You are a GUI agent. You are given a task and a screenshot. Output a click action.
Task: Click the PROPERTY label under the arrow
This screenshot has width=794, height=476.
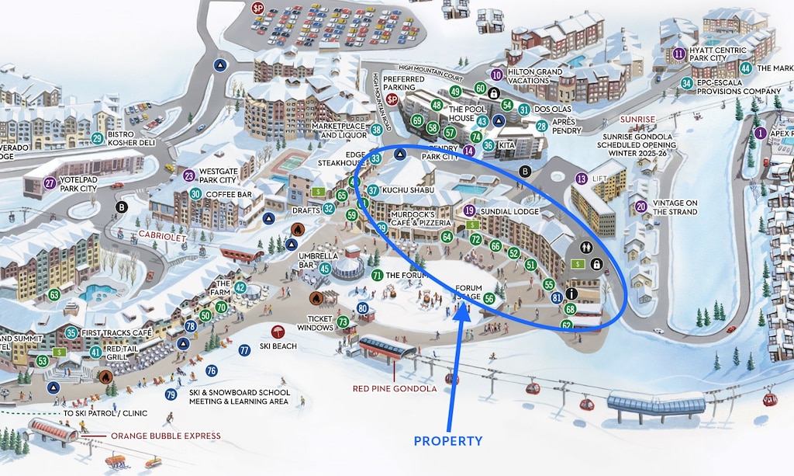[x=447, y=441]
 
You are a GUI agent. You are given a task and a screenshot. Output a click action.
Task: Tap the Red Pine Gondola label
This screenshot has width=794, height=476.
[x=395, y=388]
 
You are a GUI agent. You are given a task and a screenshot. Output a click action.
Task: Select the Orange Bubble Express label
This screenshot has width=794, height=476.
[x=165, y=436]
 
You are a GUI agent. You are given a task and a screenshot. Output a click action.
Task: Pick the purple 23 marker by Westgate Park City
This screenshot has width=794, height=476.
[x=189, y=176]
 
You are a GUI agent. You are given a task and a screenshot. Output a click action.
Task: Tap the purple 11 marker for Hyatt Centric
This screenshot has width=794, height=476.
[x=679, y=54]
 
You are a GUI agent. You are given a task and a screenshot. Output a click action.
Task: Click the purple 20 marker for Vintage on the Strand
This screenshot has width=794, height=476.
[x=640, y=207]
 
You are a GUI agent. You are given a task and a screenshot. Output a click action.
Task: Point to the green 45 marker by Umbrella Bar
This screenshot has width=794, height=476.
[x=325, y=269]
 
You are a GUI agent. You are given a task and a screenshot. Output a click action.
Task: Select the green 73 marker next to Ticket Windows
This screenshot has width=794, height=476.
[x=343, y=321]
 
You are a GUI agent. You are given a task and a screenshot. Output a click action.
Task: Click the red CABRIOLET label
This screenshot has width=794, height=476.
[x=162, y=234]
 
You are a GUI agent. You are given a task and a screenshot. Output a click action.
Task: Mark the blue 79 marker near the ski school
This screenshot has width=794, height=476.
[x=171, y=394]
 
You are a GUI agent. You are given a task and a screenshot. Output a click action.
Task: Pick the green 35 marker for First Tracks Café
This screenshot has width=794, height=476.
[x=71, y=333]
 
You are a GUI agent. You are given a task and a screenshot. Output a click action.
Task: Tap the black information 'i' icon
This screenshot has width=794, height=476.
[x=571, y=294]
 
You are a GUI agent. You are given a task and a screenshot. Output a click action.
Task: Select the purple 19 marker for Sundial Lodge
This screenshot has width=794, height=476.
[x=469, y=210]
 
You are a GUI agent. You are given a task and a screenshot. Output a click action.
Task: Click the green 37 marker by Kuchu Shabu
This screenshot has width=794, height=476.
[x=372, y=190]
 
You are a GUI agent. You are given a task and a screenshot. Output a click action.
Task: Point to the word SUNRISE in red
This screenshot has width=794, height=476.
[x=637, y=120]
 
